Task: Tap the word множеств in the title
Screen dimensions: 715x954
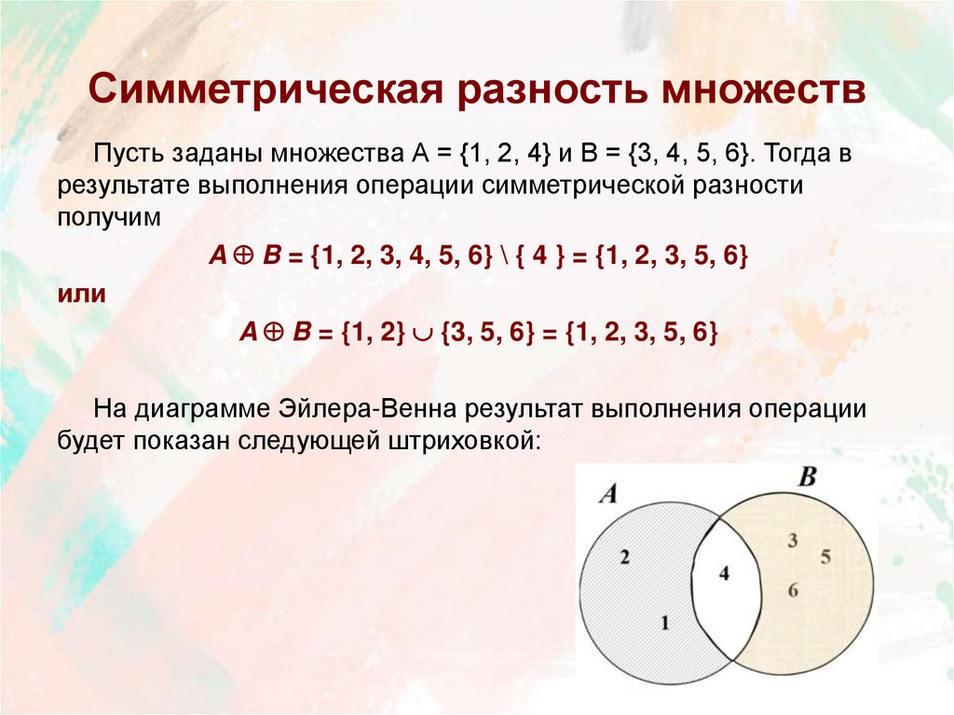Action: point(761,91)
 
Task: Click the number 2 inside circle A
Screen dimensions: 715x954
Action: point(624,557)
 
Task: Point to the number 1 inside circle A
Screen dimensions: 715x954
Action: point(664,624)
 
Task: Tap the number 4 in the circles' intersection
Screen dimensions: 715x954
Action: point(724,573)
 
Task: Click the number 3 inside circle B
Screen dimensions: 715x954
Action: point(792,540)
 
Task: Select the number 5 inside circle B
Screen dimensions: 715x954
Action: point(825,557)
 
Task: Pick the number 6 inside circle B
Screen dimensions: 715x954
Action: point(792,589)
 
